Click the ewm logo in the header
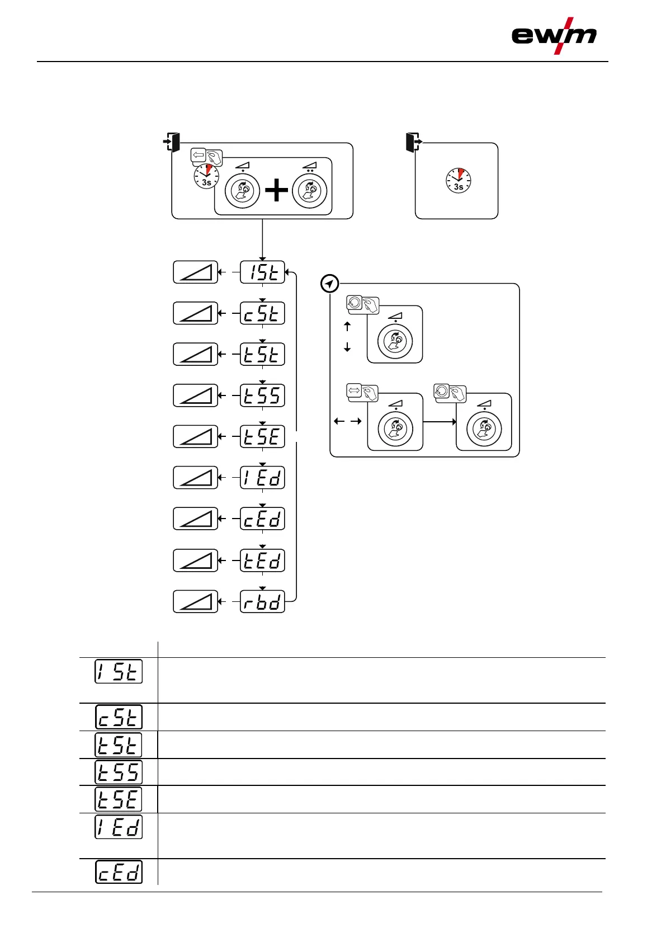point(554,36)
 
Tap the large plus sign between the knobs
point(276,191)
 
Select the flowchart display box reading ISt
point(262,272)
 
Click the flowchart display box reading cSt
point(262,313)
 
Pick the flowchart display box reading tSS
point(262,395)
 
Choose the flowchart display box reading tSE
point(262,436)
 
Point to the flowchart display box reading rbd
point(262,601)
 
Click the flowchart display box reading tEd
point(262,560)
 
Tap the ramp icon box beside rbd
point(195,601)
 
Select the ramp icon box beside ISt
point(195,272)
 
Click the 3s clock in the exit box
point(459,181)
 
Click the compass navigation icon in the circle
point(330,284)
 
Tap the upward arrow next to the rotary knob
point(347,326)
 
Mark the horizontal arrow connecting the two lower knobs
point(440,422)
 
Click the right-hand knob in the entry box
point(309,191)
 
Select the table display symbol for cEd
point(119,872)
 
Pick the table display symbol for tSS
point(119,772)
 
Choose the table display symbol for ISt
point(119,671)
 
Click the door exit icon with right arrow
point(413,142)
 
